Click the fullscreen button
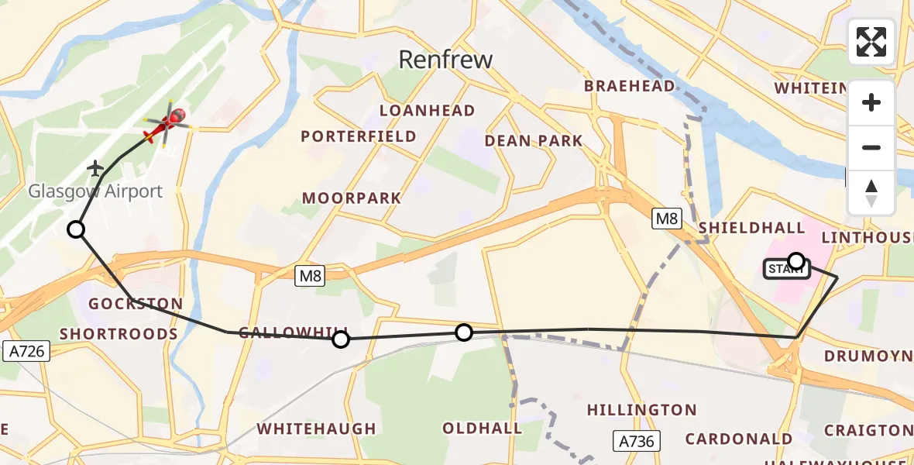click(x=871, y=42)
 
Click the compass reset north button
click(x=871, y=193)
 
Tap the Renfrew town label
click(x=445, y=59)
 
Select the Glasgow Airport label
click(x=95, y=191)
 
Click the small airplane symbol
click(x=95, y=167)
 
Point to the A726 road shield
click(x=25, y=350)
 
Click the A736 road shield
click(x=637, y=441)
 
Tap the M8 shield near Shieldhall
click(x=666, y=219)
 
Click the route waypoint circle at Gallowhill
click(x=341, y=339)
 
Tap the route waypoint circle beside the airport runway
click(x=76, y=229)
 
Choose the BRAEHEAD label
click(x=629, y=86)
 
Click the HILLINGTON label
click(x=641, y=409)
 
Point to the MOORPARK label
click(x=352, y=198)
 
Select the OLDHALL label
click(x=482, y=428)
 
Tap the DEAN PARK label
click(x=533, y=140)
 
